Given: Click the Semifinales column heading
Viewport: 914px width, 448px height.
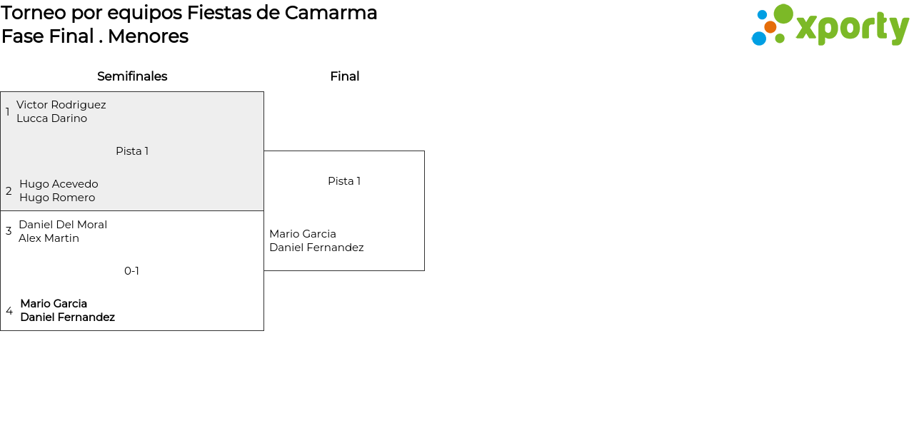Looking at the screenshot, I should [132, 76].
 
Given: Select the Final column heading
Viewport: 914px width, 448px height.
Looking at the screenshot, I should [344, 76].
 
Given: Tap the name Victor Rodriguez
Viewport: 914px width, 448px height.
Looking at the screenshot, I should [61, 105].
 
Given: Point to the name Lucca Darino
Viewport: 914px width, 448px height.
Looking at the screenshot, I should [51, 118].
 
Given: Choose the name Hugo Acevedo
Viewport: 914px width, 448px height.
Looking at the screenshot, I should [59, 184].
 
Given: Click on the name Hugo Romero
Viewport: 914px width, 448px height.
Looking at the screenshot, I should [57, 198].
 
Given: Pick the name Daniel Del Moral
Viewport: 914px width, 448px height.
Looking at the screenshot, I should [63, 225].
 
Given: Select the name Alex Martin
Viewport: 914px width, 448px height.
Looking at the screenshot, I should [49, 238].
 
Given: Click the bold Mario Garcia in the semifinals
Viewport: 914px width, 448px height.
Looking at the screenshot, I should [54, 304].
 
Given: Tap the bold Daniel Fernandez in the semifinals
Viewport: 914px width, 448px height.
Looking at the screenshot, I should [67, 317].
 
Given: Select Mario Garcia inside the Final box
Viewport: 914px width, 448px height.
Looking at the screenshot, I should [303, 234].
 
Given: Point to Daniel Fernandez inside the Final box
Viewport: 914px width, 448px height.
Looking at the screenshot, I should [316, 248].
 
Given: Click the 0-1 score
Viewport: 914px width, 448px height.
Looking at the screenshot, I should [131, 271].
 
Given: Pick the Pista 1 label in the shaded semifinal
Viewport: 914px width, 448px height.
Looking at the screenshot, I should [132, 151].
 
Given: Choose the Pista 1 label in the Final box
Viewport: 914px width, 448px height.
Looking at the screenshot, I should [344, 181].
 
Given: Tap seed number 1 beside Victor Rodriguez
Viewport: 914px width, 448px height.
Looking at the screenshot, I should [8, 112].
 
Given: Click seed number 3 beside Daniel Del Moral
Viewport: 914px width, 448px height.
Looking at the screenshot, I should [9, 231].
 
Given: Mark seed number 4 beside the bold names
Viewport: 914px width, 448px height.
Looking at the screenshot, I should [9, 311].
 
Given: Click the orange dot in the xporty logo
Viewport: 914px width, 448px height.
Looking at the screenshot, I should [770, 27].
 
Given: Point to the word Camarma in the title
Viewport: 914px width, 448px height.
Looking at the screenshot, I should [331, 13].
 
